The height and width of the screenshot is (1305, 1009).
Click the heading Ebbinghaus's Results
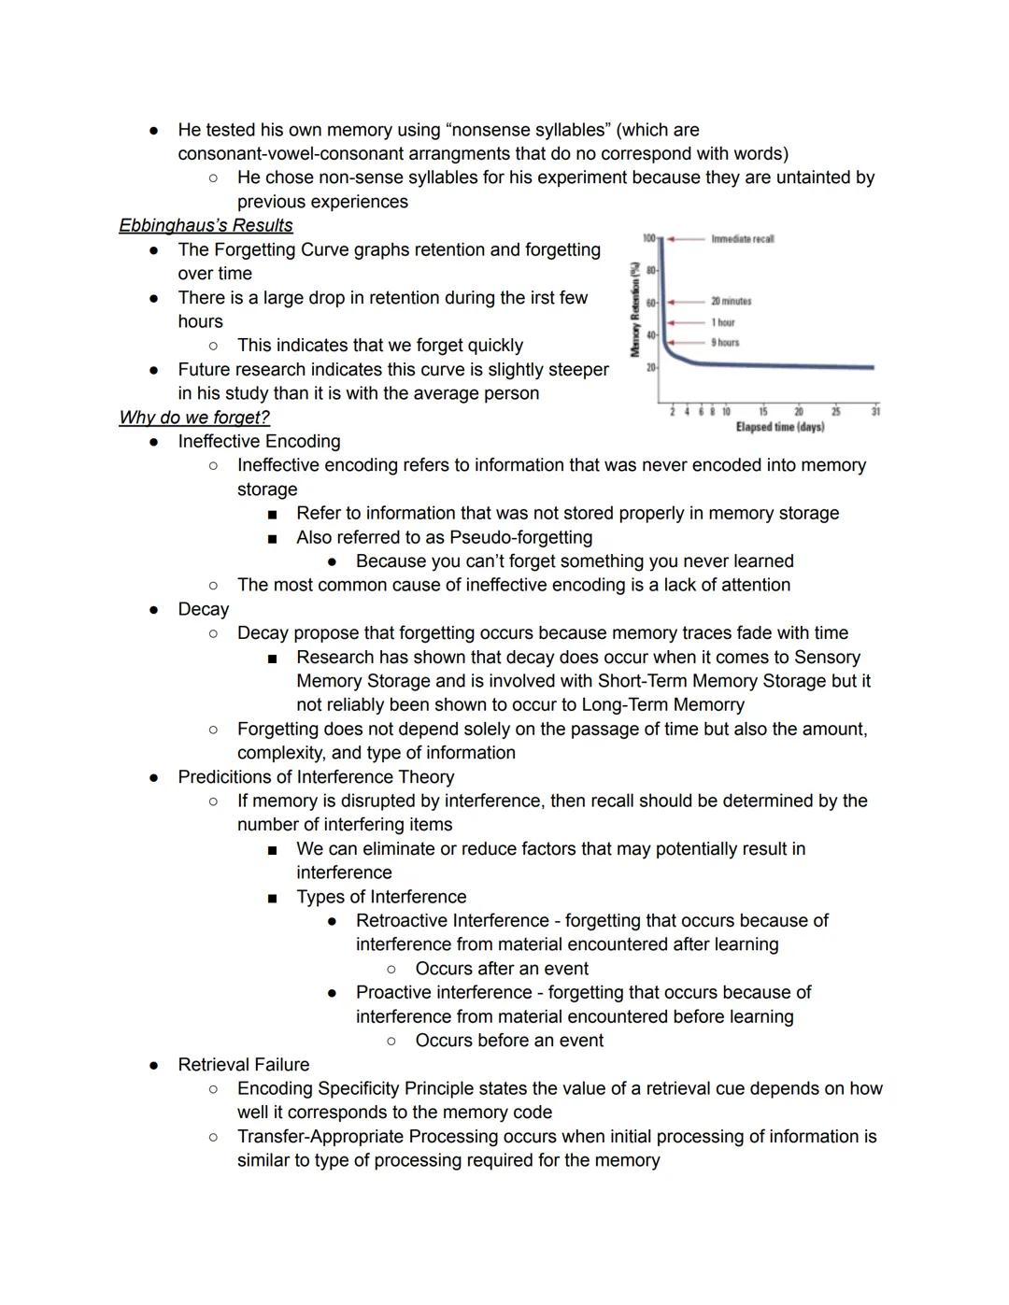tap(206, 225)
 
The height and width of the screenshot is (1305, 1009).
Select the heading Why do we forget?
tap(194, 418)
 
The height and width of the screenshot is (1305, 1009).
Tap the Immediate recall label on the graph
tap(742, 239)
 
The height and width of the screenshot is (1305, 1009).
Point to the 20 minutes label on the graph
tap(731, 302)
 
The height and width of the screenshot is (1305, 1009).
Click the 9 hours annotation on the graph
tap(725, 343)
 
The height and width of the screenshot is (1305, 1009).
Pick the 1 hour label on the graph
tap(723, 322)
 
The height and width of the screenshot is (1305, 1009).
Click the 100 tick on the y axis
tap(648, 239)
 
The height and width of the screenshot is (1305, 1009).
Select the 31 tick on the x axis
tap(875, 412)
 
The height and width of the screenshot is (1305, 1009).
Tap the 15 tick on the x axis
tap(763, 412)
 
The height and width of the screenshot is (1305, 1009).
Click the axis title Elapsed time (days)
tap(780, 427)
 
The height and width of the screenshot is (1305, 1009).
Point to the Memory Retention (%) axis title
tap(635, 308)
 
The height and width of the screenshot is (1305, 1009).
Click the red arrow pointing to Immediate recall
tap(687, 239)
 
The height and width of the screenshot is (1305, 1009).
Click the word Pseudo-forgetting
tap(520, 537)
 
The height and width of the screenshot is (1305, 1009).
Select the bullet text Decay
tap(204, 609)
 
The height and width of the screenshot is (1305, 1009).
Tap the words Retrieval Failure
tap(244, 1065)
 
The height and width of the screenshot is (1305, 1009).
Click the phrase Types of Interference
tap(381, 897)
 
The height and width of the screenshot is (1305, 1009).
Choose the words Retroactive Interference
tap(452, 921)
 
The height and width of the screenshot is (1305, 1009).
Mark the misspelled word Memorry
tap(705, 705)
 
